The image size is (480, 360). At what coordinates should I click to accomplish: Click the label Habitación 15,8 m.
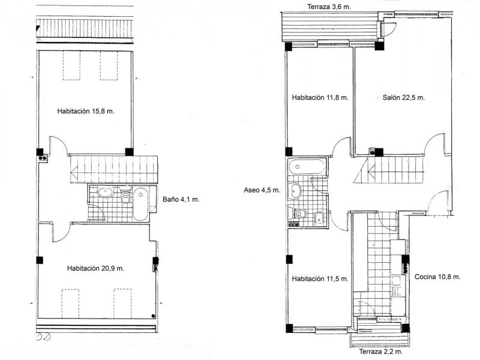[x=86, y=111]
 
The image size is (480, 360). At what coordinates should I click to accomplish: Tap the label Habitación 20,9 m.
[x=95, y=268]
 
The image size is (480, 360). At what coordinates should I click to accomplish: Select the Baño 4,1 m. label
[x=181, y=199]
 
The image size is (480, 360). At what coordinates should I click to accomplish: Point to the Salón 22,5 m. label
[x=403, y=98]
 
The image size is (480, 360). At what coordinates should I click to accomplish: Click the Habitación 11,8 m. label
[x=320, y=98]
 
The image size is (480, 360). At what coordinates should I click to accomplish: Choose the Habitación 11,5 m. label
[x=320, y=279]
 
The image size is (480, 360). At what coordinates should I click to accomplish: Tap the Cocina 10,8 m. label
[x=437, y=277]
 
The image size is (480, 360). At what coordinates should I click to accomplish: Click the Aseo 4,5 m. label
[x=262, y=190]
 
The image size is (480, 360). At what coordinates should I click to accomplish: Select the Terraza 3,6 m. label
[x=329, y=7]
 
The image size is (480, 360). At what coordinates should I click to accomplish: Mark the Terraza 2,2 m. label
[x=381, y=352]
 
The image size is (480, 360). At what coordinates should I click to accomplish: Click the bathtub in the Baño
[x=140, y=204]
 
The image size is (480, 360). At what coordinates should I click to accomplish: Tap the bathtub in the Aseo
[x=307, y=167]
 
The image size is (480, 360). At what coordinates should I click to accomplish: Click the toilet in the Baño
[x=125, y=197]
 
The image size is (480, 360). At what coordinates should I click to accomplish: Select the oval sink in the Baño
[x=106, y=193]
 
